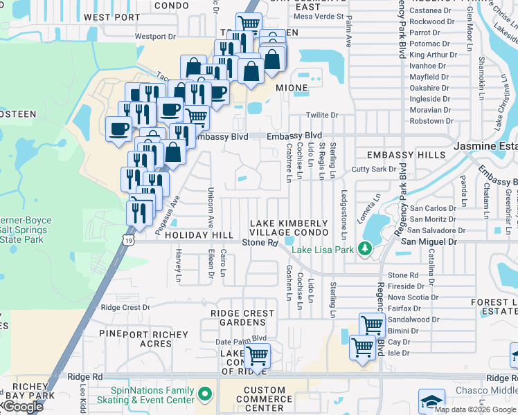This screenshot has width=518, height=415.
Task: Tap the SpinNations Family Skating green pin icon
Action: [204, 395]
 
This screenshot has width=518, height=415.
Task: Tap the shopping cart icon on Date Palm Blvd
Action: [257, 356]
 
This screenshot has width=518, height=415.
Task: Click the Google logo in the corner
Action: [23, 407]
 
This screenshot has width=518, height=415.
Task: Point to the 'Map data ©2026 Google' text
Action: [475, 409]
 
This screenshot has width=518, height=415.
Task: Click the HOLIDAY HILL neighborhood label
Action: [199, 236]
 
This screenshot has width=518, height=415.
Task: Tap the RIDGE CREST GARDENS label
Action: [242, 318]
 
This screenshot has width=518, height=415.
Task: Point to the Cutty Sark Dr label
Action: [373, 169]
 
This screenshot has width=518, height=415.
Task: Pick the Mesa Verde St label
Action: [319, 16]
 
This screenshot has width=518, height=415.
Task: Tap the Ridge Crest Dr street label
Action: [125, 307]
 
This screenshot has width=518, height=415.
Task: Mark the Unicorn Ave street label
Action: [211, 208]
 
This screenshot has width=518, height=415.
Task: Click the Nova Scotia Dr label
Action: [413, 297]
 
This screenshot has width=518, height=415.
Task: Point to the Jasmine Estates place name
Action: [485, 147]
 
